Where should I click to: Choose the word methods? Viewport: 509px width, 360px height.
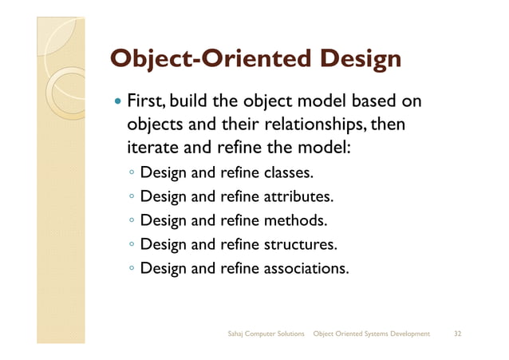(295, 220)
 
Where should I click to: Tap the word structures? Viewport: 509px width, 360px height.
(301, 244)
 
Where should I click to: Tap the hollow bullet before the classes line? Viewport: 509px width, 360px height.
(131, 173)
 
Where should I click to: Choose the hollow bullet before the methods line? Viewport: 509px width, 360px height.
(131, 221)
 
